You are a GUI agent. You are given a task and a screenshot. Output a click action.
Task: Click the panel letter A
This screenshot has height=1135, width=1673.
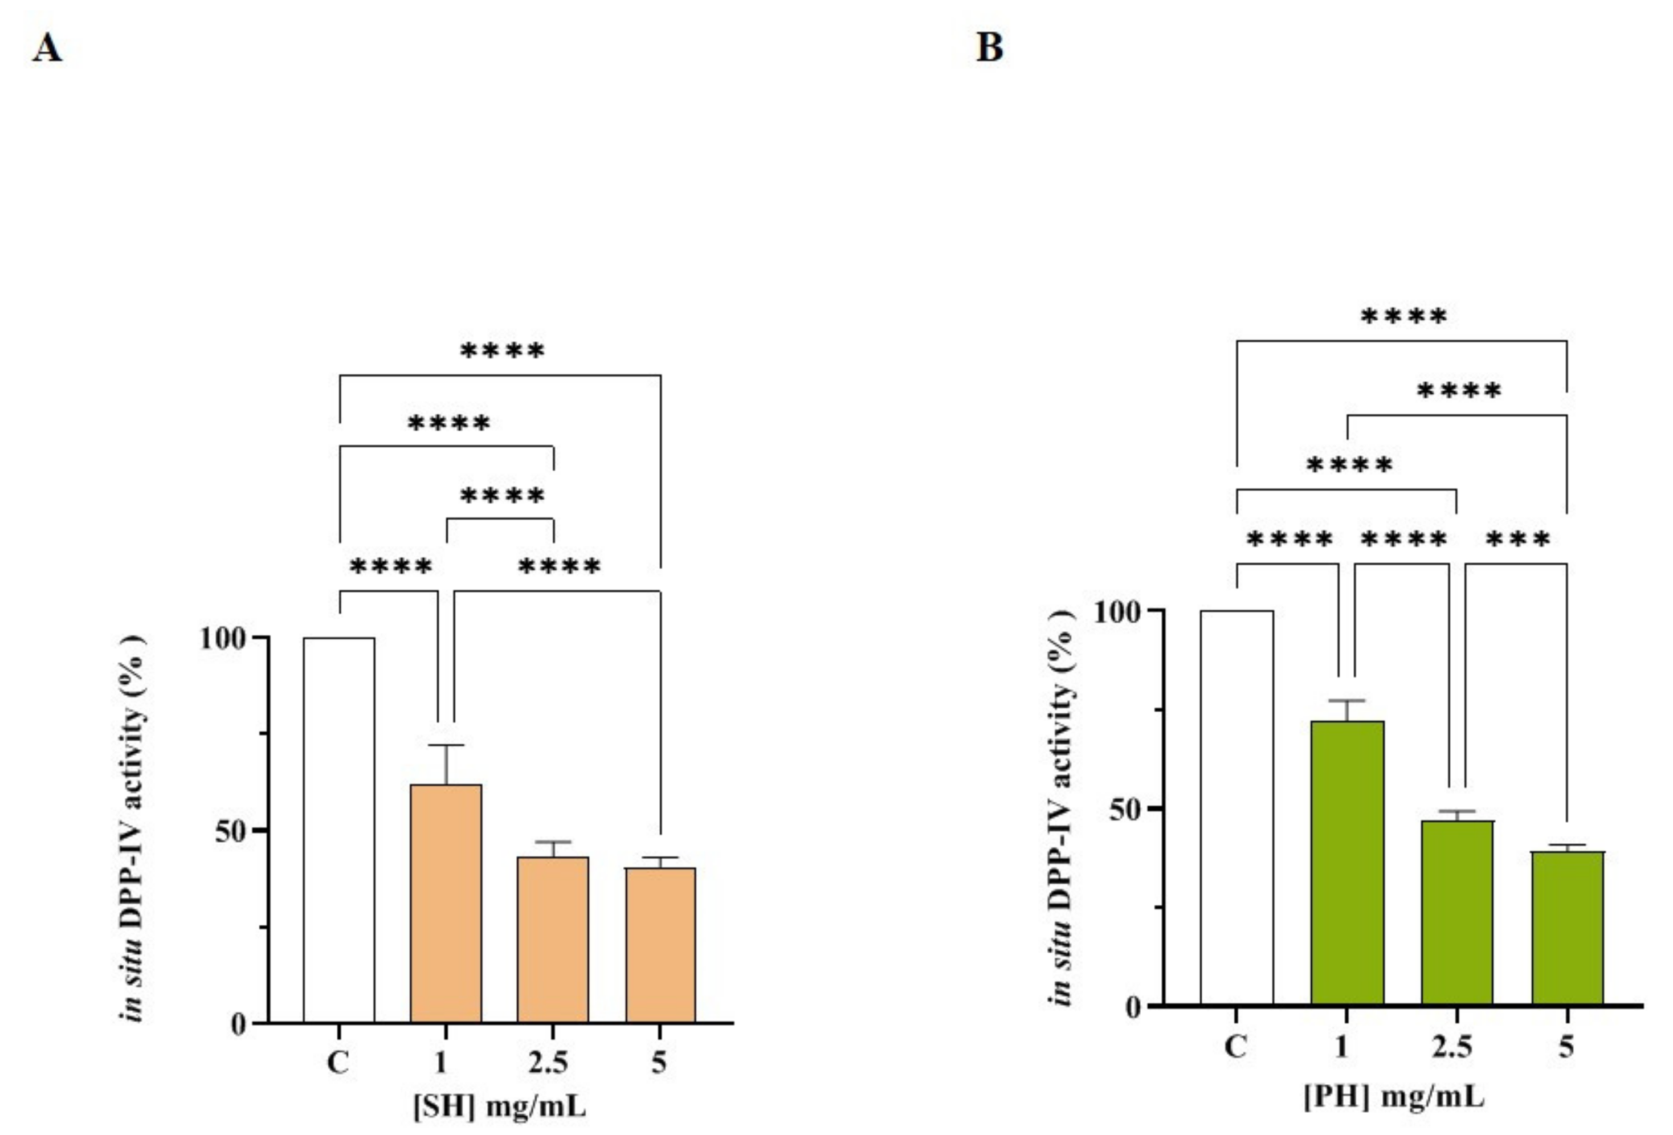point(47,49)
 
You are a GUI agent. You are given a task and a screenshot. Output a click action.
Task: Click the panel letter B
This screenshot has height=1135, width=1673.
point(989,47)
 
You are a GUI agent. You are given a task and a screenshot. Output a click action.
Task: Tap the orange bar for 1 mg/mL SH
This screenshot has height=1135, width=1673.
point(446,903)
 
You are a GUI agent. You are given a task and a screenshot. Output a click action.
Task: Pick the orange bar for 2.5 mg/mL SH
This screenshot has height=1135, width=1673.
point(553,939)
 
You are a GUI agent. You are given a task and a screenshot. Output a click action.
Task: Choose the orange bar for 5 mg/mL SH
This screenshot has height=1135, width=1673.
point(660,944)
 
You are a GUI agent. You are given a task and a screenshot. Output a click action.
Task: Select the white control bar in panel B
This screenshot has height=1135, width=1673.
point(1236,807)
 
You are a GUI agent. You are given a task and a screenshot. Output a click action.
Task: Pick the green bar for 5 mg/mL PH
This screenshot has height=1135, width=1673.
point(1567,928)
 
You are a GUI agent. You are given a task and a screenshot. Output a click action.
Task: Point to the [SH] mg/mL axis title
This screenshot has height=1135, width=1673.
point(500,1105)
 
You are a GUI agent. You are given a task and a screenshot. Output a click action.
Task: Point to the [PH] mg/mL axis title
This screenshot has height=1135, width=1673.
point(1394,1097)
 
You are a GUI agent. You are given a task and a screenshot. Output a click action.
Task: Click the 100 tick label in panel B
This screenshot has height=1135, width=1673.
point(1117,612)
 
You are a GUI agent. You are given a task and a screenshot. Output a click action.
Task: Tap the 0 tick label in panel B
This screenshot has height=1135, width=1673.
point(1132,1007)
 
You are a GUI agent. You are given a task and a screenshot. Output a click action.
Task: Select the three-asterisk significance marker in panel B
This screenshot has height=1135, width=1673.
point(1517,540)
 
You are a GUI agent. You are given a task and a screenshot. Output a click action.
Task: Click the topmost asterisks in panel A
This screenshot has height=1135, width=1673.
point(502,351)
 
